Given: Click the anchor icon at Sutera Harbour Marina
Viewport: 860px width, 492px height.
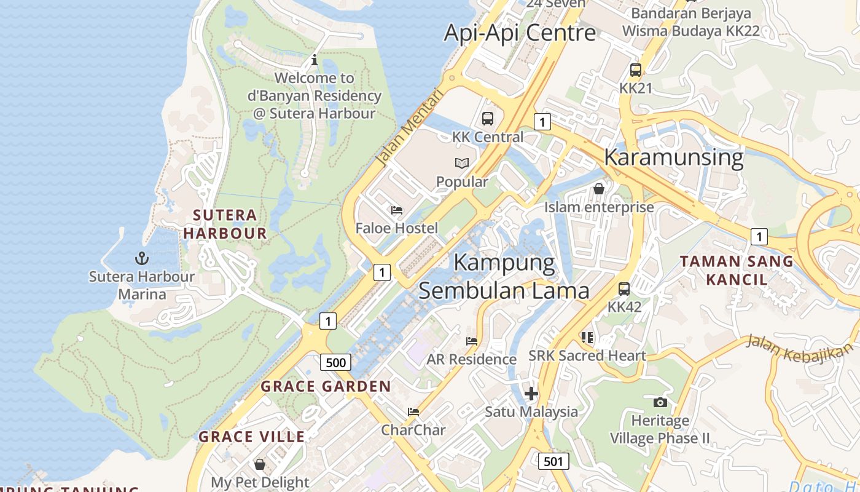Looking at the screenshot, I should (x=142, y=258).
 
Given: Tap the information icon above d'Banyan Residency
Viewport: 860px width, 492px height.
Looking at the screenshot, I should (x=315, y=60).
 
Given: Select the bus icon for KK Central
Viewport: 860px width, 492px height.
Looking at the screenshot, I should (x=488, y=118).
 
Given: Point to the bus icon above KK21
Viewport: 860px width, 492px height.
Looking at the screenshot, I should (x=635, y=69).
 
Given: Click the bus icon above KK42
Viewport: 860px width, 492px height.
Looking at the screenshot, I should (x=624, y=288).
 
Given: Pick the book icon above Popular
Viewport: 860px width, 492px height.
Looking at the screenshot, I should (x=462, y=163).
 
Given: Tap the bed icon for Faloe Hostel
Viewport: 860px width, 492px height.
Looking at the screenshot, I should (x=397, y=210).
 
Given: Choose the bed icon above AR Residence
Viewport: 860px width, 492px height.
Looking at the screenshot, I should (x=471, y=341).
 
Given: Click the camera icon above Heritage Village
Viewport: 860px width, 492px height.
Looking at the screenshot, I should (x=660, y=402).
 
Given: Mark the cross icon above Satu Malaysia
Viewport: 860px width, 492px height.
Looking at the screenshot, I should (x=531, y=393).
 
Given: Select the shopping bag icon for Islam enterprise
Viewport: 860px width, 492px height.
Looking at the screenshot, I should (x=599, y=189).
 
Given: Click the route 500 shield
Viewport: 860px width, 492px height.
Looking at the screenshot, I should (x=335, y=362).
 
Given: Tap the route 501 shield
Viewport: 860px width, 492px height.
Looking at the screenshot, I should (x=553, y=461).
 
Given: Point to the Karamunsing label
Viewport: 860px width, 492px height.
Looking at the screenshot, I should (x=673, y=157).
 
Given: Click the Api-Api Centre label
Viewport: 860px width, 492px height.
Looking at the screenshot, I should (x=520, y=33).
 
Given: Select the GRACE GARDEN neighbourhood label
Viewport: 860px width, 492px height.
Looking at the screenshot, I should (x=326, y=386).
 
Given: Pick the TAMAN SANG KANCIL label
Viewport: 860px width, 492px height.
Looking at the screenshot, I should (x=737, y=270).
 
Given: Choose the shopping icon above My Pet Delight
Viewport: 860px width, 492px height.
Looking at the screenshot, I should (x=260, y=464).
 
